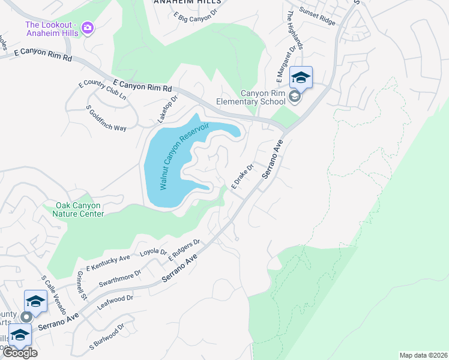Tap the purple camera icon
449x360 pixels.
click(88, 28)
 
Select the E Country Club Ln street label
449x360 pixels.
click(103, 90)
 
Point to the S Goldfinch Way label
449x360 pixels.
click(106, 119)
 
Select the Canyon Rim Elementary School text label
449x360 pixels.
click(263, 97)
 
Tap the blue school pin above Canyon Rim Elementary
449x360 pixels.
click(301, 77)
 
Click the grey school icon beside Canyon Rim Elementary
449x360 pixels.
click(294, 97)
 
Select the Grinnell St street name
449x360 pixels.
click(80, 285)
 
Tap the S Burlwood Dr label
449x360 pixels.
click(106, 337)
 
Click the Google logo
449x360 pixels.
click(20, 353)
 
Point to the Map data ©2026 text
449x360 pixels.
click(423, 355)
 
